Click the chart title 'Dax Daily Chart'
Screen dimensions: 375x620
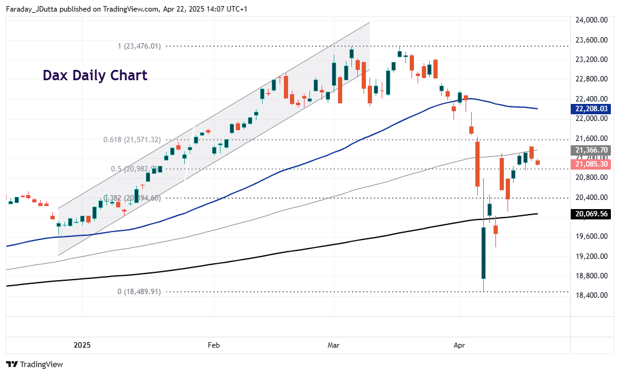(x=95, y=75)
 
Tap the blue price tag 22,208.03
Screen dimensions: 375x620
(x=591, y=109)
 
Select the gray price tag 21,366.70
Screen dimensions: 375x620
(x=591, y=150)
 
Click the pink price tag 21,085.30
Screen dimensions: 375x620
(x=591, y=164)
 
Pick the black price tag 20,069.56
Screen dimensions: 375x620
(x=591, y=214)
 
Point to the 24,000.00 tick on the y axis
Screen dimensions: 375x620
(x=591, y=20)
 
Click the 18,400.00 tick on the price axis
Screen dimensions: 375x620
(x=591, y=295)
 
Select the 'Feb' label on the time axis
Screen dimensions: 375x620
(x=213, y=345)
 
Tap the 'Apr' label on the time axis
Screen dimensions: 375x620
(x=460, y=345)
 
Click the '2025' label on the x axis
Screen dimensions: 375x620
(x=82, y=345)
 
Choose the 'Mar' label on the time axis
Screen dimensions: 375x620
(x=334, y=345)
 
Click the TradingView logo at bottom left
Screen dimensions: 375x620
(x=35, y=364)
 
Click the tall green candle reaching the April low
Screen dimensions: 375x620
(x=484, y=252)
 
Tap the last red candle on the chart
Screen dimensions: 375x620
(x=537, y=162)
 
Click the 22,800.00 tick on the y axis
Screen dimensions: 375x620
(x=591, y=79)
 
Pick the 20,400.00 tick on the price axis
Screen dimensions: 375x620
(x=591, y=197)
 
